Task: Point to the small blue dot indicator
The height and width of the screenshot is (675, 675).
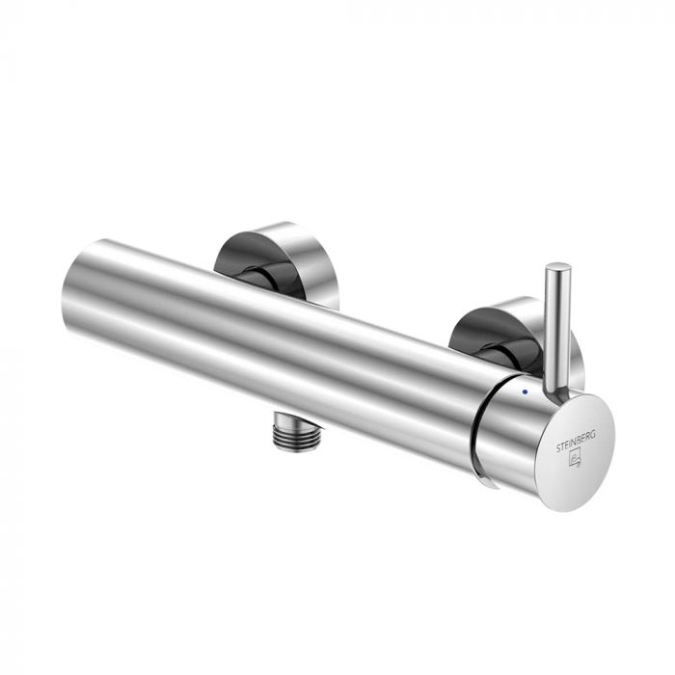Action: (524, 392)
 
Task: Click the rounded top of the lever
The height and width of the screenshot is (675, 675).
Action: (557, 268)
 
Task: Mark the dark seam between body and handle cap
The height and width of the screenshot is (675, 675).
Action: (482, 424)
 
